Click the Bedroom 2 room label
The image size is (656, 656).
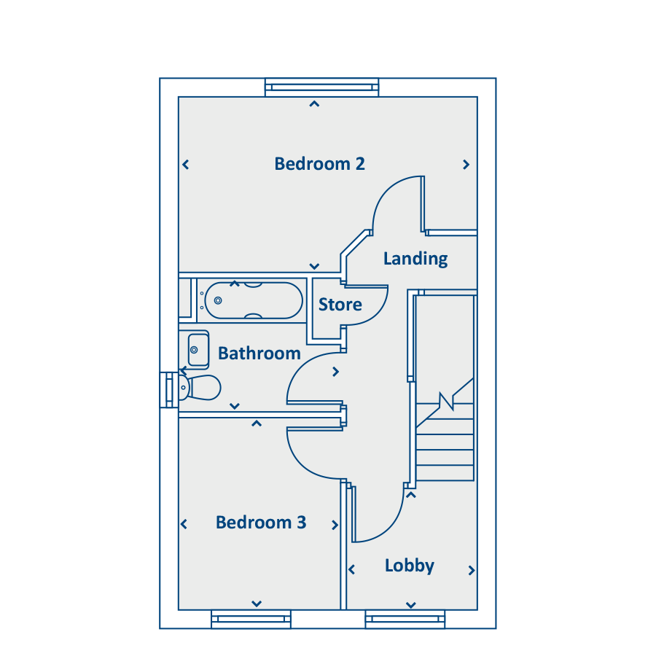[x=319, y=164]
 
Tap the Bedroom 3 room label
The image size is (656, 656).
[x=261, y=523]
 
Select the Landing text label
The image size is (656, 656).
[x=415, y=259]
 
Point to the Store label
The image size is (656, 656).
[x=340, y=305]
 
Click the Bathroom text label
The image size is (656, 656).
[x=259, y=354]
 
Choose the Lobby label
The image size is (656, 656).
[x=409, y=566]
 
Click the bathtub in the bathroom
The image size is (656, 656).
[x=253, y=300]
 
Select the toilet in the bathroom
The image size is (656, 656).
[x=200, y=388]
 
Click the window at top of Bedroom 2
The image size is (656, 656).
[x=321, y=87]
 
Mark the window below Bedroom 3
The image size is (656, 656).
[x=251, y=620]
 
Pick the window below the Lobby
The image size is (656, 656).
[x=405, y=620]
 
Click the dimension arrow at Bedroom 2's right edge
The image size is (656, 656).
[x=466, y=165]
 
